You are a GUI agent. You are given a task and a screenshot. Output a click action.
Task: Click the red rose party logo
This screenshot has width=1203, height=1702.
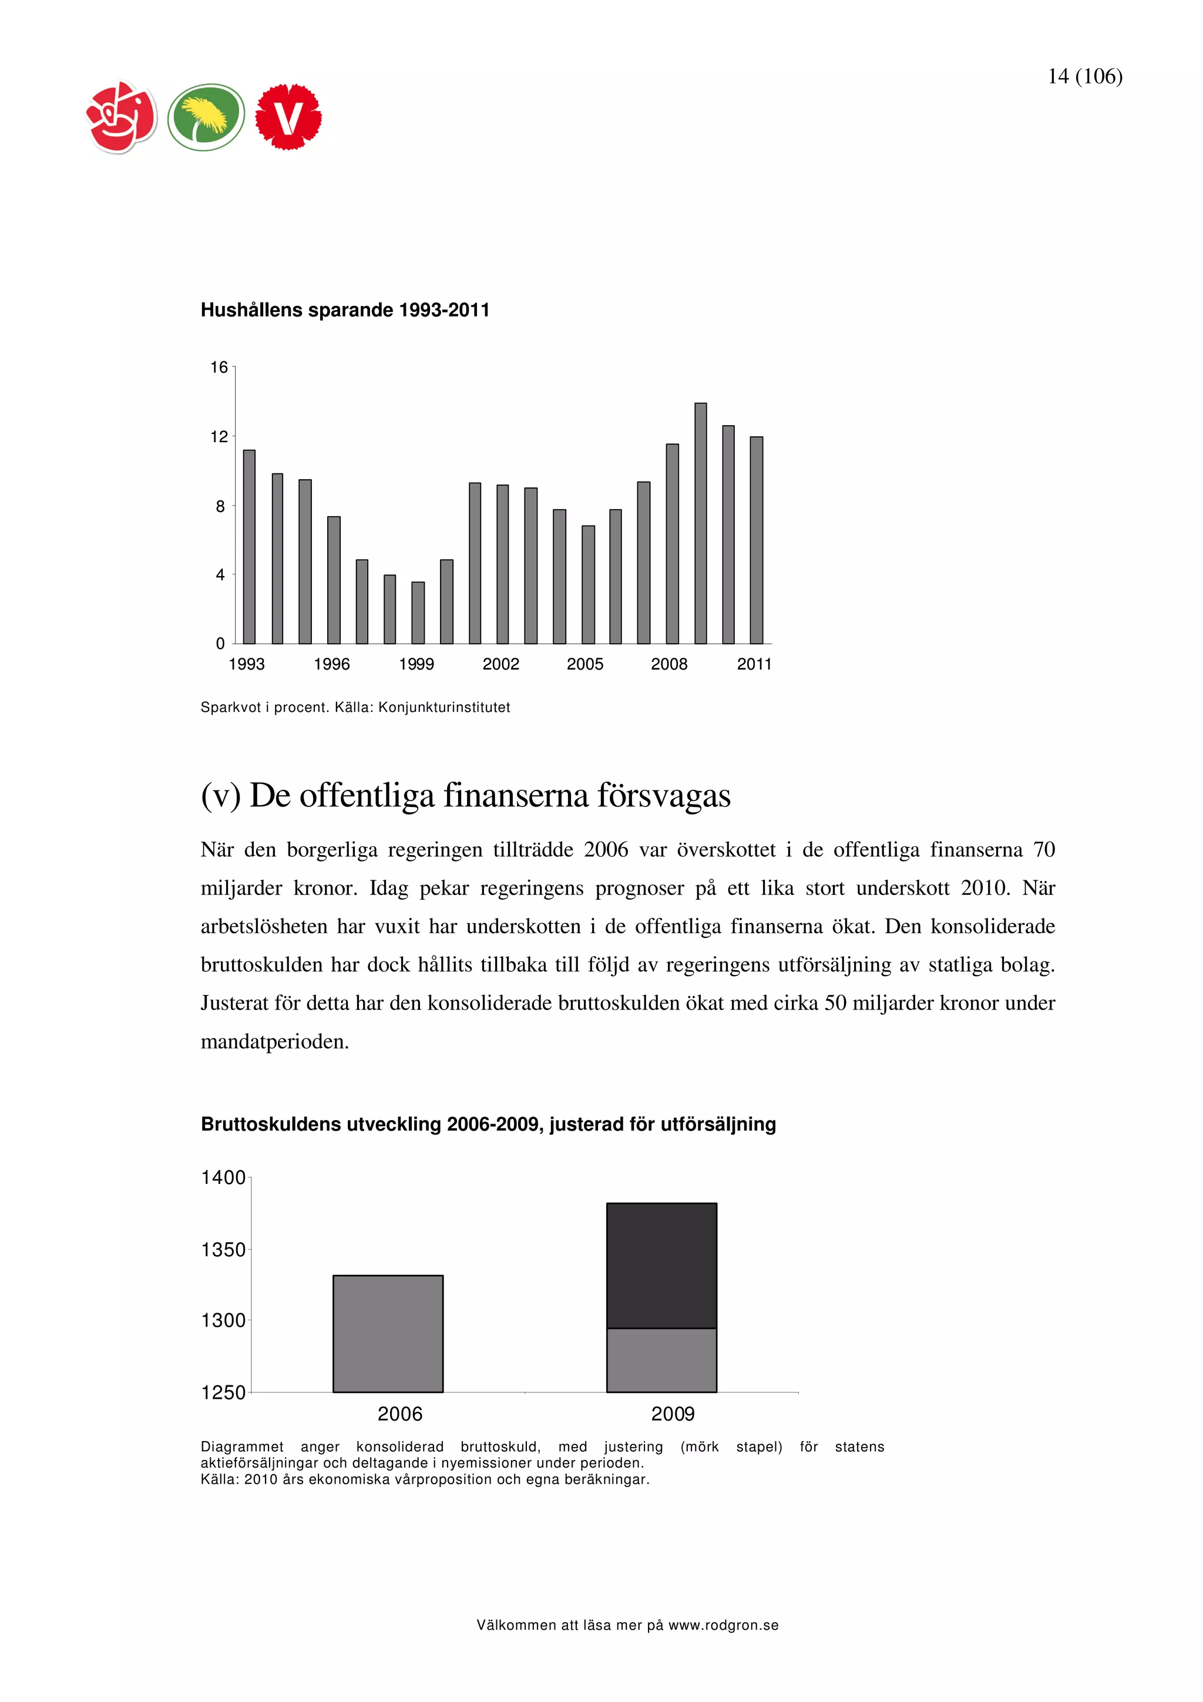point(122,117)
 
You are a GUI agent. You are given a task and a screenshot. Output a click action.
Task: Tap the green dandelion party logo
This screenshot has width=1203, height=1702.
point(206,117)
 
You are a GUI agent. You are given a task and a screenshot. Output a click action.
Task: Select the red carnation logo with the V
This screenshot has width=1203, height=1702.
point(288,117)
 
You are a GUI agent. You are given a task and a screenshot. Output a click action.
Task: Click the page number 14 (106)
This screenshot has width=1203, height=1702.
point(1084,76)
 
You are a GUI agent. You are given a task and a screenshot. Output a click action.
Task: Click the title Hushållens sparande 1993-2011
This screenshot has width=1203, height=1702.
point(345,310)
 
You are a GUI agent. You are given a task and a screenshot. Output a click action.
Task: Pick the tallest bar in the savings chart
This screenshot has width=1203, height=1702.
point(700,523)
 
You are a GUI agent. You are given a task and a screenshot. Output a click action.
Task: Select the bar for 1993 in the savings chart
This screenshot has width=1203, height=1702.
point(249,546)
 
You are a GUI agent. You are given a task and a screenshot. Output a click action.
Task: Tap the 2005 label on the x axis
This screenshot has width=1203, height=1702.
point(585,664)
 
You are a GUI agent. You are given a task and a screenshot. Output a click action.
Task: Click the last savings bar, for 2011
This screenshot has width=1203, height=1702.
point(756,540)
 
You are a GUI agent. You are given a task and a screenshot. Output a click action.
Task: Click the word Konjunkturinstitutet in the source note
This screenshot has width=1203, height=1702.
point(444,707)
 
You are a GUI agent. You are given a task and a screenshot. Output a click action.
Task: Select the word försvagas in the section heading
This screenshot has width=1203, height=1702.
point(664,795)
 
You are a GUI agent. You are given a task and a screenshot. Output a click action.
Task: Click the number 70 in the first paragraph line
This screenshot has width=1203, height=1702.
point(1044,849)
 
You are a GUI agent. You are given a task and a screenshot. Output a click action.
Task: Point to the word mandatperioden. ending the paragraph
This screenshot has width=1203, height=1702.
point(274,1041)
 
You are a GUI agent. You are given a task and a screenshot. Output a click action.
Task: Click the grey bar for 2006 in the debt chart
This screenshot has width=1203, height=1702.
point(388,1334)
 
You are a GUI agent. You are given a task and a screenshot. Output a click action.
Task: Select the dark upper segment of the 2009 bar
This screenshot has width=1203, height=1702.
point(661,1266)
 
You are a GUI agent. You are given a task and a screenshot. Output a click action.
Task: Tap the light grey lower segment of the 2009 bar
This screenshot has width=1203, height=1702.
point(661,1360)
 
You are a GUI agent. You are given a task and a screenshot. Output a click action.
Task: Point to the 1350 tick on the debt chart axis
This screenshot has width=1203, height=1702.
point(223,1250)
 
